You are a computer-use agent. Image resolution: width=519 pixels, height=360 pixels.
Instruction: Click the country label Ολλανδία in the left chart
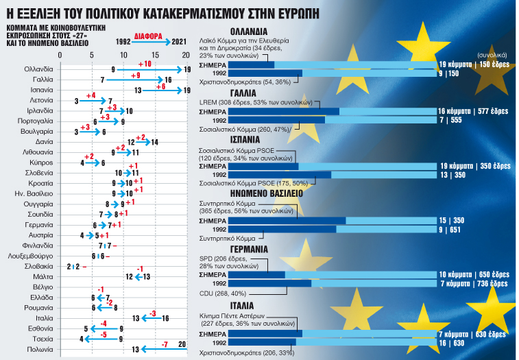pyautogui.click(x=38, y=69)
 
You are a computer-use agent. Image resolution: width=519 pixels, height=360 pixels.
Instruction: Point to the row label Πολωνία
pyautogui.click(x=40, y=348)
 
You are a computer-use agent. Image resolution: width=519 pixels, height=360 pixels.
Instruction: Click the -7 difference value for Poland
pyautogui.click(x=164, y=343)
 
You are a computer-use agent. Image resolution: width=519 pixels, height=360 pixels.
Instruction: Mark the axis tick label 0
pyautogui.click(x=60, y=56)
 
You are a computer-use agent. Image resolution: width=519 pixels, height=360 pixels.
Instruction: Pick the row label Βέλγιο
pyautogui.click(x=43, y=287)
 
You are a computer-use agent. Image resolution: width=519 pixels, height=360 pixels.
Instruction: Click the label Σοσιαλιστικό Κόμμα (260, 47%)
pyautogui.click(x=245, y=128)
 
